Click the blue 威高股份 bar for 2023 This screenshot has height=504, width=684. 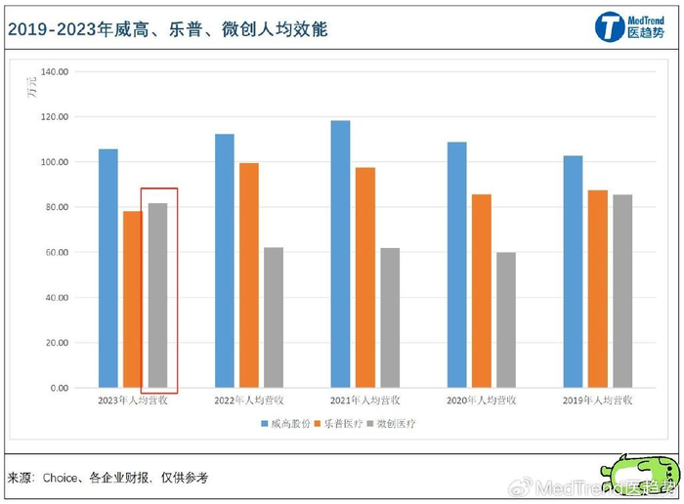tap(108, 269)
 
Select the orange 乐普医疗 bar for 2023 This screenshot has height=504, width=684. tap(132, 300)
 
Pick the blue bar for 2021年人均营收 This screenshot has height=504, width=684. tap(340, 254)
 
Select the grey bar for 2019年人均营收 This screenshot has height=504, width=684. tap(621, 291)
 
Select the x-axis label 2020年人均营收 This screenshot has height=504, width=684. tap(482, 401)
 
